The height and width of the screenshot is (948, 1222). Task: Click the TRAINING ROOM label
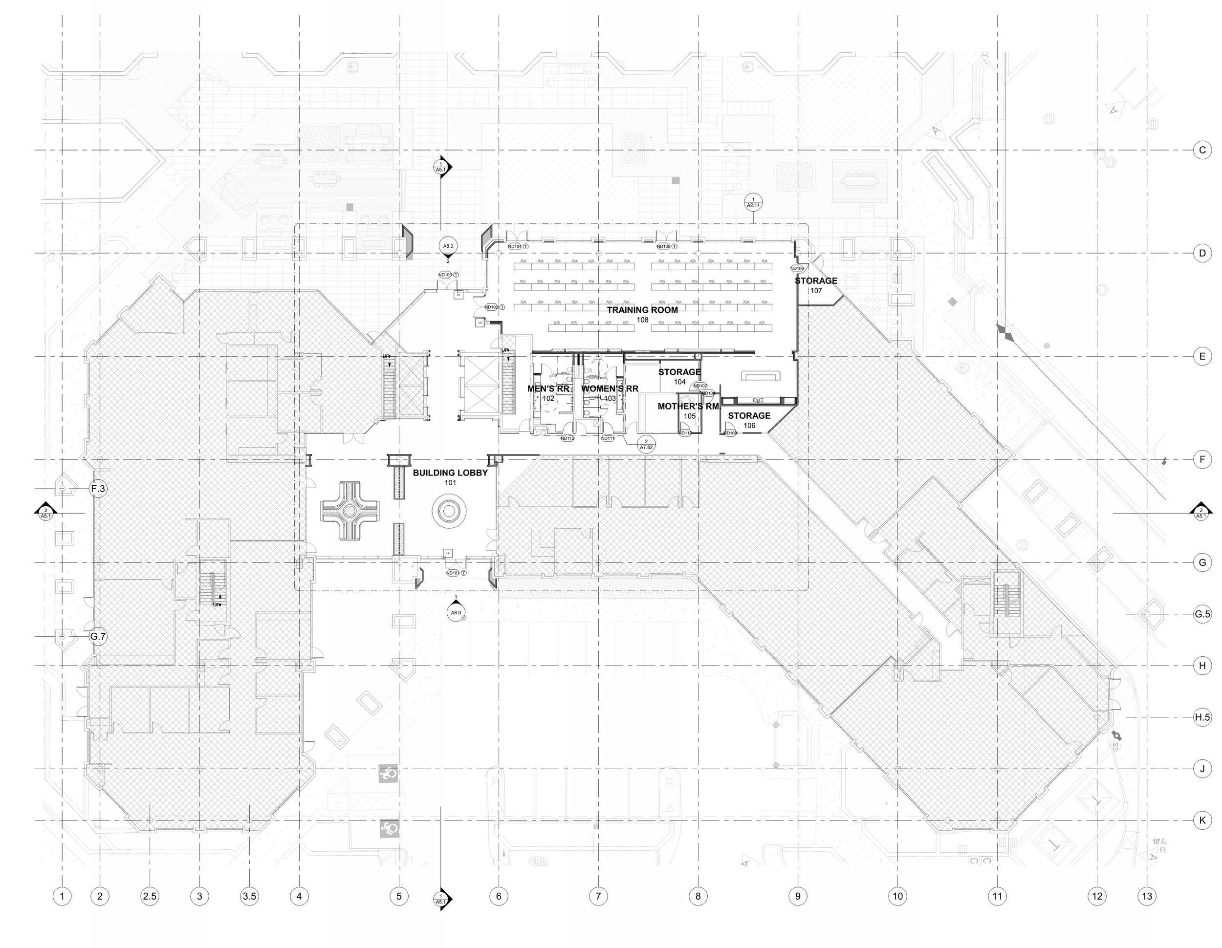[642, 310]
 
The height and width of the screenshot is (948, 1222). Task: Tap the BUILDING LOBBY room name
[450, 473]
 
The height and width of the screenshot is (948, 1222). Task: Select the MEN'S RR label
[548, 388]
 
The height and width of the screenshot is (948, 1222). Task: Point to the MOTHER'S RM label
[688, 407]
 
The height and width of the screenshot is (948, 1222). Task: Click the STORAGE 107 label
[816, 281]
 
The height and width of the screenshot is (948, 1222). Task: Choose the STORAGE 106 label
[749, 415]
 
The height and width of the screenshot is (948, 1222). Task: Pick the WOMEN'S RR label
[610, 388]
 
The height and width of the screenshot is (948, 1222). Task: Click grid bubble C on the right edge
[1202, 150]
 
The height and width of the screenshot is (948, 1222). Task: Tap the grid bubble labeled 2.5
[150, 897]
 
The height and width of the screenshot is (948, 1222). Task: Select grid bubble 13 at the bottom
[1147, 897]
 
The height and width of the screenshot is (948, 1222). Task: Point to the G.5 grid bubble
[1202, 614]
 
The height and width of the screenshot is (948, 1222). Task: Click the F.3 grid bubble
[98, 489]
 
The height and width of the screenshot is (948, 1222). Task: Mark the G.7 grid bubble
[98, 636]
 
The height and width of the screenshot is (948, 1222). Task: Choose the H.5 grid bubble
[1202, 717]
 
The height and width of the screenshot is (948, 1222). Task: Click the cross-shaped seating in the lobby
[349, 511]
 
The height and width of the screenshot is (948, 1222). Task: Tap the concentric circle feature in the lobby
[449, 511]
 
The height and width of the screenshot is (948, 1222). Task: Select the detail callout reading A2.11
[753, 202]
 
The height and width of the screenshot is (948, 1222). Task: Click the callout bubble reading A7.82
[646, 445]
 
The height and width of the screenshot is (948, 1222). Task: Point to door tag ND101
[453, 573]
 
